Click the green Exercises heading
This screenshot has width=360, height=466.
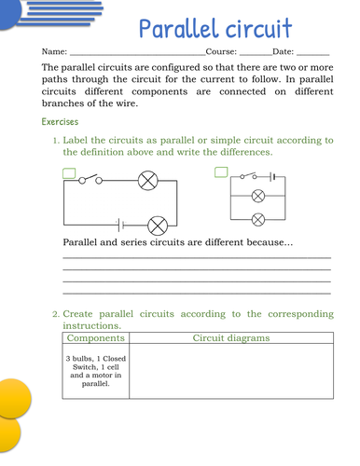coord(61,122)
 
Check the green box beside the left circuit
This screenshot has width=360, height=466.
coord(69,172)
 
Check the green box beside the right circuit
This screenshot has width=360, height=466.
coord(221,172)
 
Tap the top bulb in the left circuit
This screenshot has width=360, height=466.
coord(146,181)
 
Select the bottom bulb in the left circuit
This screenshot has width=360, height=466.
coord(158,225)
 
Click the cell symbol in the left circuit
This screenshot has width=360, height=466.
coord(119,225)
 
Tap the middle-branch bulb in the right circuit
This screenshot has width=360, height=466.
coord(259,197)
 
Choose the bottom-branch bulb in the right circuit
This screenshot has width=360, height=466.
coord(259,219)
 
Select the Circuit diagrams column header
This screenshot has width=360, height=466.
coord(230,339)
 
